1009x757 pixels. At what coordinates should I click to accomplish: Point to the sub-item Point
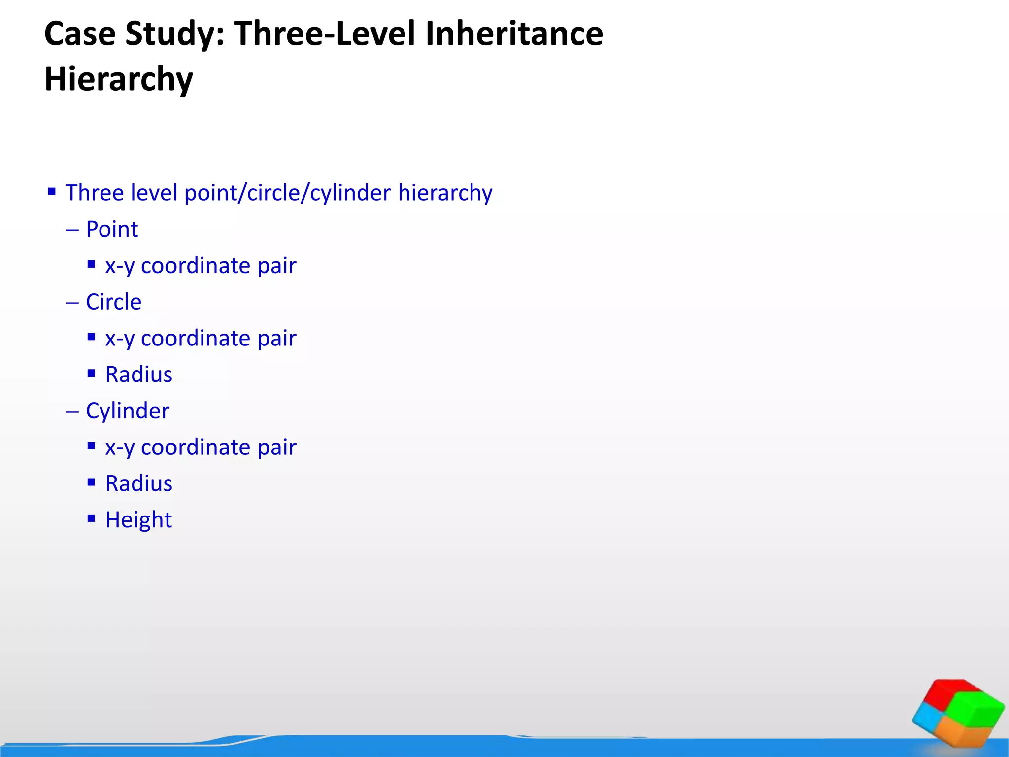coord(112,229)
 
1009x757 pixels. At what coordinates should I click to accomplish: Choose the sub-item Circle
coord(113,302)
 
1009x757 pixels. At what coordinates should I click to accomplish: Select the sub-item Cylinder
coord(128,411)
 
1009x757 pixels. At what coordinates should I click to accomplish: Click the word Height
coord(138,520)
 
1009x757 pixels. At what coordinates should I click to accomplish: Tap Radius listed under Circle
coord(139,375)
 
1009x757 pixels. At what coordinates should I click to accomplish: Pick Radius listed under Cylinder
coord(139,483)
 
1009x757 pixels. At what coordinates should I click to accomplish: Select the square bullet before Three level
coord(52,191)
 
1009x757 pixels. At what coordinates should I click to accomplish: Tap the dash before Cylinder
coord(72,411)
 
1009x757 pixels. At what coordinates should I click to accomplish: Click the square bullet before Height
coord(91,518)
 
